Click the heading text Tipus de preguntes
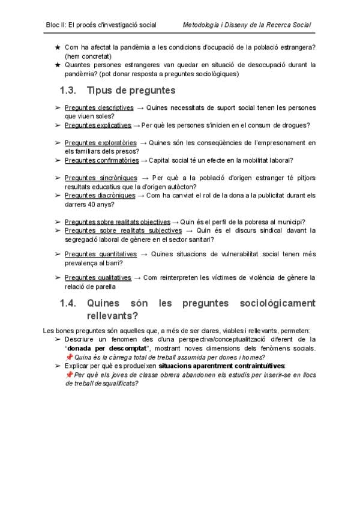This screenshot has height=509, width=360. pos(131,91)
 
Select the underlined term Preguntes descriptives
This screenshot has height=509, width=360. pos(99,107)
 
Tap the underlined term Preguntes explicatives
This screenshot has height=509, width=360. pos(98,125)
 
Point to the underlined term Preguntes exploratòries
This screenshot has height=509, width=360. pos(101,143)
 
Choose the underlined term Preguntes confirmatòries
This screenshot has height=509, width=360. pos(101,160)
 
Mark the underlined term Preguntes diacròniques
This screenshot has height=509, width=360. pos(100,195)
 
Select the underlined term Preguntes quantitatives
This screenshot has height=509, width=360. pos(101,254)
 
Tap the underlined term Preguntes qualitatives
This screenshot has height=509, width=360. pos(98,277)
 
